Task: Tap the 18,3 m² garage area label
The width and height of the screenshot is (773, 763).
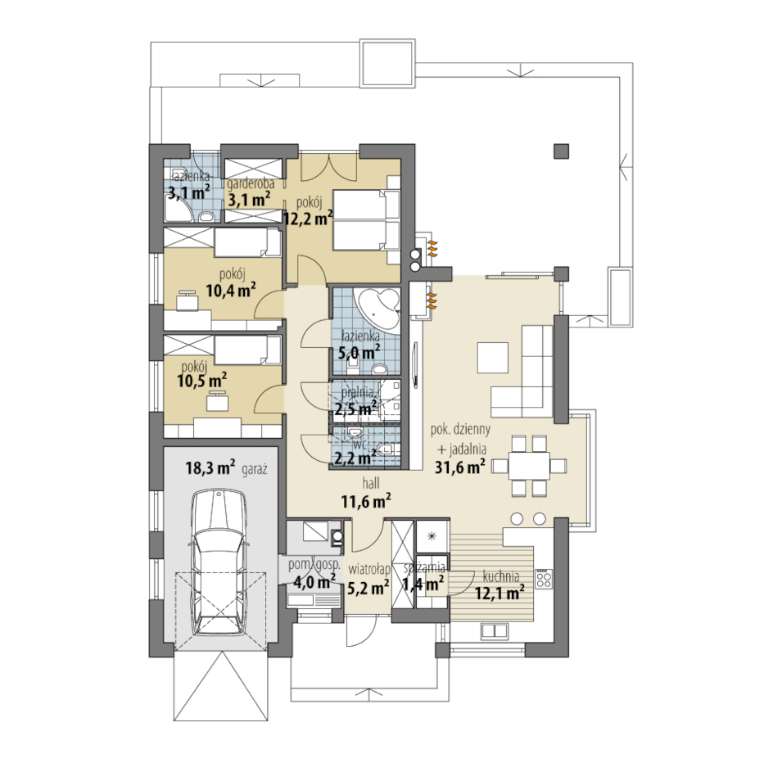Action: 210,467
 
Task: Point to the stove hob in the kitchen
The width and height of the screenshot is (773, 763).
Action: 544,578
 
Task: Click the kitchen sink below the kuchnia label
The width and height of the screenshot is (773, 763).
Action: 494,630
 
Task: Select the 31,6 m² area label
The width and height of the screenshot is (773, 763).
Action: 460,467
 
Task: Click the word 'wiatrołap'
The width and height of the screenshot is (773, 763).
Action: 369,569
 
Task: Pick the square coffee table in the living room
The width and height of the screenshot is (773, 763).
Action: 492,357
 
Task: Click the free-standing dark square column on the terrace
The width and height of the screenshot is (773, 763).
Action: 561,151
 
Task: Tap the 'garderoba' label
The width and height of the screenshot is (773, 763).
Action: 251,183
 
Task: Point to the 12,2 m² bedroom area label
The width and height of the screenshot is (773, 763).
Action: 309,218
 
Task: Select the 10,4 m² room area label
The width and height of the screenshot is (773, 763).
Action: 231,290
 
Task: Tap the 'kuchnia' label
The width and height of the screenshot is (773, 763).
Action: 501,576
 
